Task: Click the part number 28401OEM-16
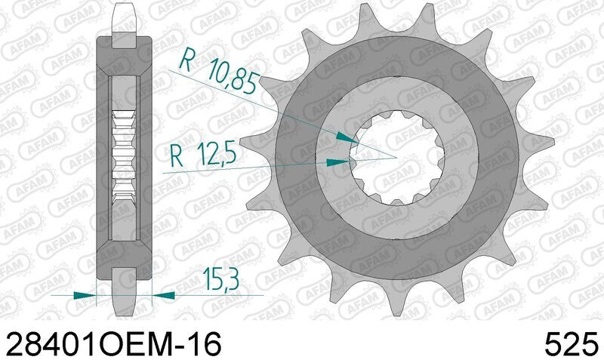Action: tap(113, 343)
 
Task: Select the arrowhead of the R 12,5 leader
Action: tap(338, 161)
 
